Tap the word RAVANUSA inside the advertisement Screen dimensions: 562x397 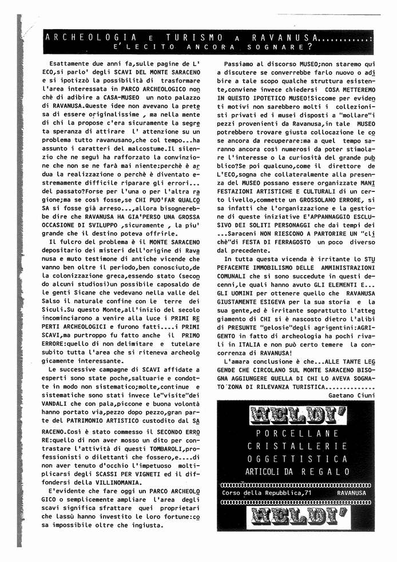click(354, 493)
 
